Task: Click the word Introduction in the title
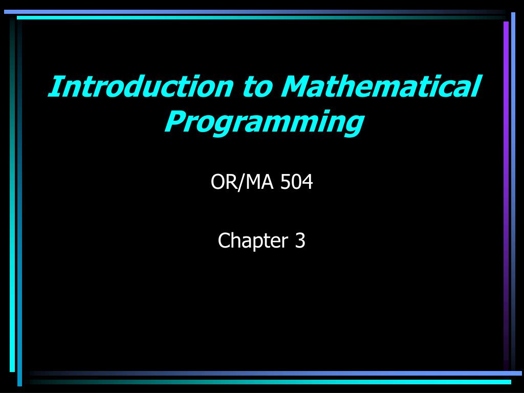pos(141,86)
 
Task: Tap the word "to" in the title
pos(257,87)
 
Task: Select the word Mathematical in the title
pos(381,86)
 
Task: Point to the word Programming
pos(264,123)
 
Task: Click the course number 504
pos(296,182)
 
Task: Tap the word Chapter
pos(253,241)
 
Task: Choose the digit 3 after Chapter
pos(300,241)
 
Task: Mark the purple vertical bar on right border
pos(506,194)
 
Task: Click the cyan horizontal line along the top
pos(260,18)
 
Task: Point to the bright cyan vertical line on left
pos(12,201)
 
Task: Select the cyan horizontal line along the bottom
pos(271,382)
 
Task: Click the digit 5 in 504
pos(286,182)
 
